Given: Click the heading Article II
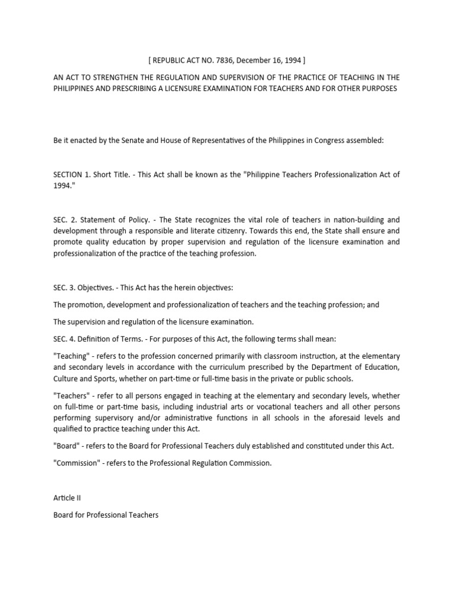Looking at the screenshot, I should click(69, 498).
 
